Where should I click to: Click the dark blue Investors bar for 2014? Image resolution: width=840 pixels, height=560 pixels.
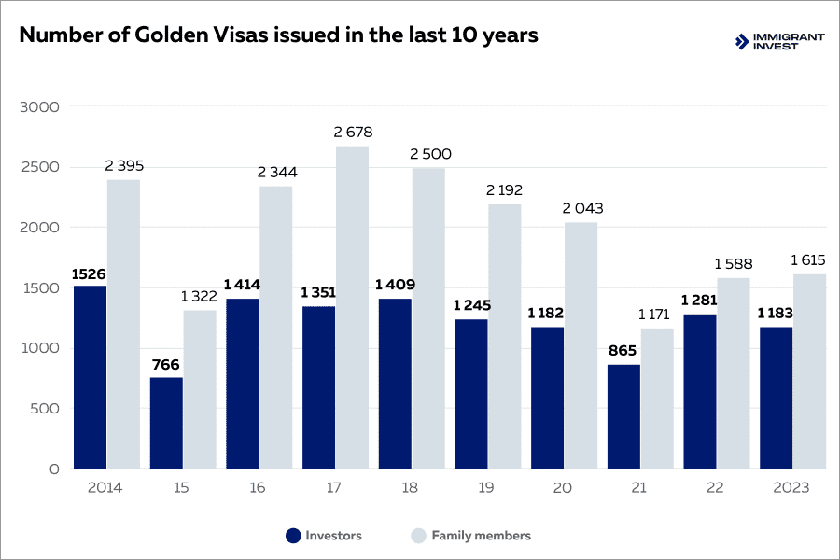(x=91, y=377)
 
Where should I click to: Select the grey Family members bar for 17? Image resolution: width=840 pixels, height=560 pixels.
(x=352, y=308)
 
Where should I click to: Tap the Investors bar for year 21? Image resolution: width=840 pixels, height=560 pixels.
(x=623, y=416)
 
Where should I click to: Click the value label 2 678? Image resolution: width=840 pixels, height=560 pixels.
(x=352, y=133)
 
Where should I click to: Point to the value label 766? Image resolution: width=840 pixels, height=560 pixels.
(x=166, y=364)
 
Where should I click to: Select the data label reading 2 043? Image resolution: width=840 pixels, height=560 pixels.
(x=581, y=208)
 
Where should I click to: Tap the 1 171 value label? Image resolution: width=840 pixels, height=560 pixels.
(x=658, y=315)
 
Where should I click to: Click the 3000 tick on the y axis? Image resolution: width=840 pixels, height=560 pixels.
(x=39, y=106)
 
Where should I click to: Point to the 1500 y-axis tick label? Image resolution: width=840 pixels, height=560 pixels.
(x=39, y=287)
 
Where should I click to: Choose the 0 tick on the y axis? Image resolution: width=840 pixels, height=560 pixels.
(x=54, y=469)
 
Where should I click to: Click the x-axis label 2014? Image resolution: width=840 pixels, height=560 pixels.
(x=105, y=488)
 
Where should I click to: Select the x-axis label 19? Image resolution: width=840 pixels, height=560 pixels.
(x=487, y=488)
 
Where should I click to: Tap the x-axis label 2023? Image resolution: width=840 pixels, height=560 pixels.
(x=791, y=488)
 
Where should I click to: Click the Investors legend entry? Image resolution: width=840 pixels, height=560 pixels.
(x=324, y=536)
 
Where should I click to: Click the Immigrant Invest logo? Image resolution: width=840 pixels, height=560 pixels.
(x=779, y=41)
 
